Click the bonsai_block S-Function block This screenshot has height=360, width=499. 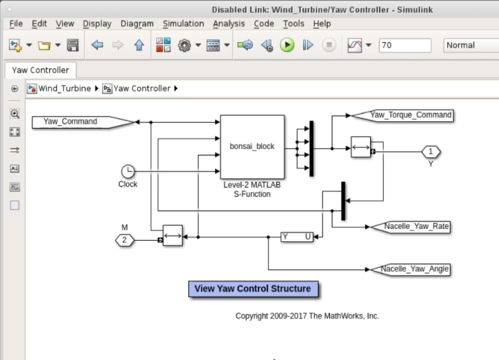click(x=252, y=147)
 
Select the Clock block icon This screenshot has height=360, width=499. click(x=128, y=171)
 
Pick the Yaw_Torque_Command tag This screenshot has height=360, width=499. click(x=402, y=115)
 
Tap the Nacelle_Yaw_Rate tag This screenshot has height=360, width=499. click(x=410, y=226)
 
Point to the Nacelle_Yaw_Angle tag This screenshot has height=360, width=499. click(x=410, y=269)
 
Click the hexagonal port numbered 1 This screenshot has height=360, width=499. click(x=431, y=152)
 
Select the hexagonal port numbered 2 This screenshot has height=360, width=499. click(x=125, y=240)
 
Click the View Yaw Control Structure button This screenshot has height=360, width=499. click(x=253, y=289)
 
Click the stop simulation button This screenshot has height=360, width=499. click(x=329, y=45)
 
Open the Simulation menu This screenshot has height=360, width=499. click(x=184, y=23)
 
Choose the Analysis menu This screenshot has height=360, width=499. click(x=229, y=23)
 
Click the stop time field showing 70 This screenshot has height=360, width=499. click(x=405, y=45)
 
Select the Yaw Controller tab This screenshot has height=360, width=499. click(x=40, y=70)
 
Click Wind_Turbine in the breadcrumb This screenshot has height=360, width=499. click(x=64, y=88)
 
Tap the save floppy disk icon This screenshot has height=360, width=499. click(x=73, y=45)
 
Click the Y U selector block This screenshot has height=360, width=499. click(x=297, y=237)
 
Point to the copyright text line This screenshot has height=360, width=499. click(x=307, y=316)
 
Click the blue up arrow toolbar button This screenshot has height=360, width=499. click(x=139, y=45)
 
